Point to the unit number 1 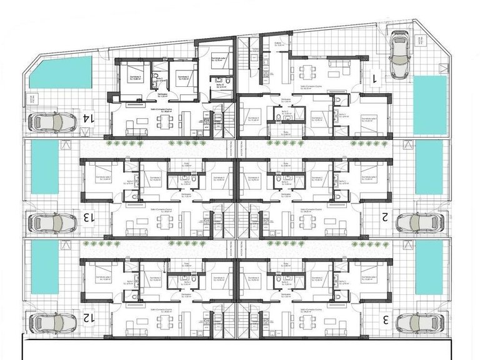click(375, 77)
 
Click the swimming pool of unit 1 click(430, 105)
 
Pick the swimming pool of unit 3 click(430, 267)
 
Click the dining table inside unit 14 click(164, 124)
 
